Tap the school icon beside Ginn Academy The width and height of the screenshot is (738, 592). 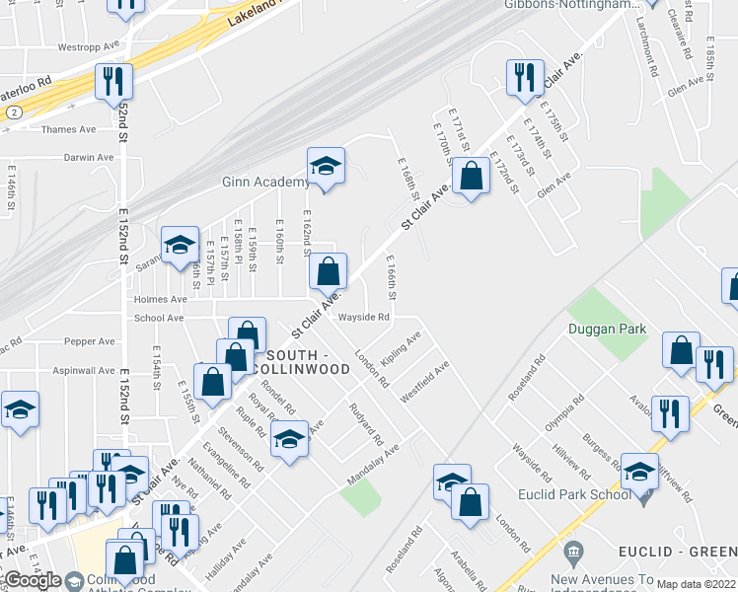[325, 167]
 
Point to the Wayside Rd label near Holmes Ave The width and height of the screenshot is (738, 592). [364, 317]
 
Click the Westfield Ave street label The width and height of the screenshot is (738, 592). [424, 380]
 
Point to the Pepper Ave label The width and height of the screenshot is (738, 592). [90, 341]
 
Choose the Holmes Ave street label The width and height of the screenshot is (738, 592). [161, 299]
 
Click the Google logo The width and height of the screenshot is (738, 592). [33, 580]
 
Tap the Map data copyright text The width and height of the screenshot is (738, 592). [696, 584]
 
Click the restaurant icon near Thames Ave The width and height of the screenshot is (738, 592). [113, 81]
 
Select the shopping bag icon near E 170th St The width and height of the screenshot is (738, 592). [473, 177]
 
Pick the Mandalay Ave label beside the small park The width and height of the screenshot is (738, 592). [372, 464]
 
